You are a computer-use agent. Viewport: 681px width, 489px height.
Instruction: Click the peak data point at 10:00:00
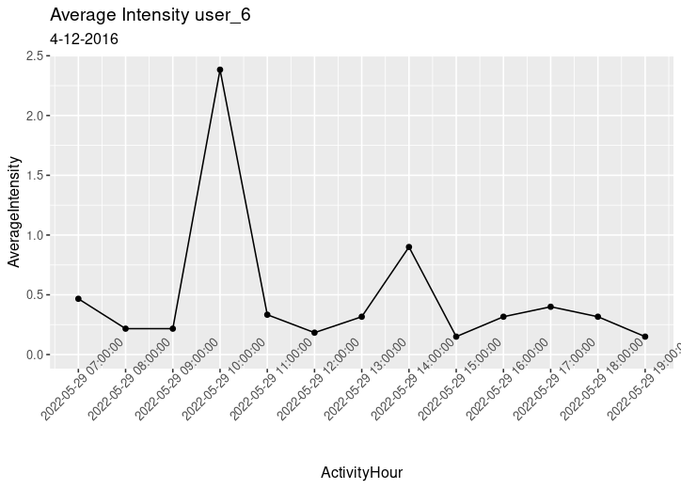coord(220,70)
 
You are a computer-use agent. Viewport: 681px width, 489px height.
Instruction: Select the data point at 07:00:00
coord(78,299)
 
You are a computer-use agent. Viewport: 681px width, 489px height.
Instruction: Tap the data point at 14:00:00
coord(409,247)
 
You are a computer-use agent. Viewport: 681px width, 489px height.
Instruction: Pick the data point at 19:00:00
coord(645,337)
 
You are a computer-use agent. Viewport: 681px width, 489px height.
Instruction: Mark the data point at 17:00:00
coord(550,307)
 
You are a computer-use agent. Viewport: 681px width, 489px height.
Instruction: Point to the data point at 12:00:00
coord(314,333)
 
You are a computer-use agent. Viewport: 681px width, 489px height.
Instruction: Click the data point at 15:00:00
coord(456,337)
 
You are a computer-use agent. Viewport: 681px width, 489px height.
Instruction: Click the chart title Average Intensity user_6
coord(150,15)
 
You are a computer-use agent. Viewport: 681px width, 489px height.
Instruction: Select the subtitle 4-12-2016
coord(84,39)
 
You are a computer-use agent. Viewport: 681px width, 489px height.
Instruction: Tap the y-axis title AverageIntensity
coord(14,209)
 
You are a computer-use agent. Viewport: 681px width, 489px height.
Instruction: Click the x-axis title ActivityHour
coord(361,472)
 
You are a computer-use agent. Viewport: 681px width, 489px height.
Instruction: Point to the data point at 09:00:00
coord(173,328)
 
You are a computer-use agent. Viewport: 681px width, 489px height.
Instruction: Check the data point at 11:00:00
coord(267,315)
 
